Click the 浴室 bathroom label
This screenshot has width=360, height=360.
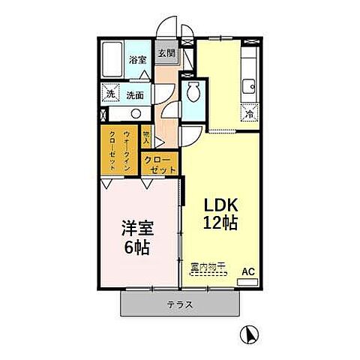point(136,58)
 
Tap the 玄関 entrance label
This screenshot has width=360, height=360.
point(166,53)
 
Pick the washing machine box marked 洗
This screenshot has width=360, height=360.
point(109,94)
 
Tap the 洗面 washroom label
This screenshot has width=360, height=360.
point(135,95)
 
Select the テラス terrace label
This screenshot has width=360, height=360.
point(181,304)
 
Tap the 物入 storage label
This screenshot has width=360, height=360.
point(147,136)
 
